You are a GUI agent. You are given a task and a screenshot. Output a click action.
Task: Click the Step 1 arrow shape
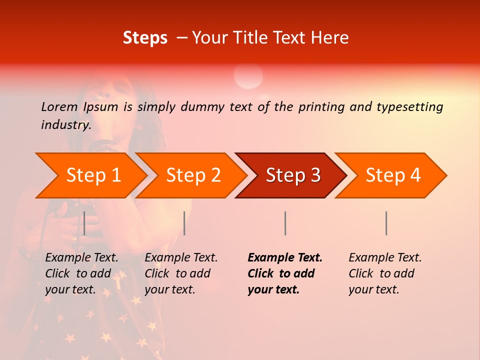click(90, 175)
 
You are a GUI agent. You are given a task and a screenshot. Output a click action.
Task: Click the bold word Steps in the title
click(145, 38)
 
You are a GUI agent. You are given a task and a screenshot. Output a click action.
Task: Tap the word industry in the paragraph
click(65, 125)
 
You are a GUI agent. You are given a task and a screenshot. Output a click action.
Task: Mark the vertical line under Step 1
click(84, 223)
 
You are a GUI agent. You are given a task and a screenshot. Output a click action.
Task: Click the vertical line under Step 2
click(184, 223)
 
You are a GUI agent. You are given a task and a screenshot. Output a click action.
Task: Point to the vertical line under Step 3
click(285, 223)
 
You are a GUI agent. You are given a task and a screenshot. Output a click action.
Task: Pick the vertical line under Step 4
click(386, 223)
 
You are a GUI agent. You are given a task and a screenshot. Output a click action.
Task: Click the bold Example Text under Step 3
click(285, 258)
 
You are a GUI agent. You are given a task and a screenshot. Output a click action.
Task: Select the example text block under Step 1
click(81, 273)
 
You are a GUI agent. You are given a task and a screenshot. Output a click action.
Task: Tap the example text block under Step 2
click(181, 273)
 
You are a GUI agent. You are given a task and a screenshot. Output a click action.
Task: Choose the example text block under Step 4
click(385, 273)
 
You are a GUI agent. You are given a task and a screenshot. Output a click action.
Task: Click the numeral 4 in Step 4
click(415, 175)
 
